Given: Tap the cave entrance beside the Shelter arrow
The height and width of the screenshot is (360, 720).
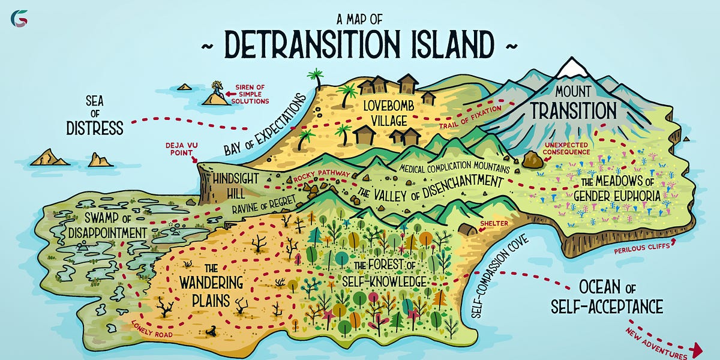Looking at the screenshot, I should point(466,229).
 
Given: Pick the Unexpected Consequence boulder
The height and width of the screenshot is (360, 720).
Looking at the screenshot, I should point(532,161).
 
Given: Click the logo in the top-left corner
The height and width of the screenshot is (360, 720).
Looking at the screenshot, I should point(19,19).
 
